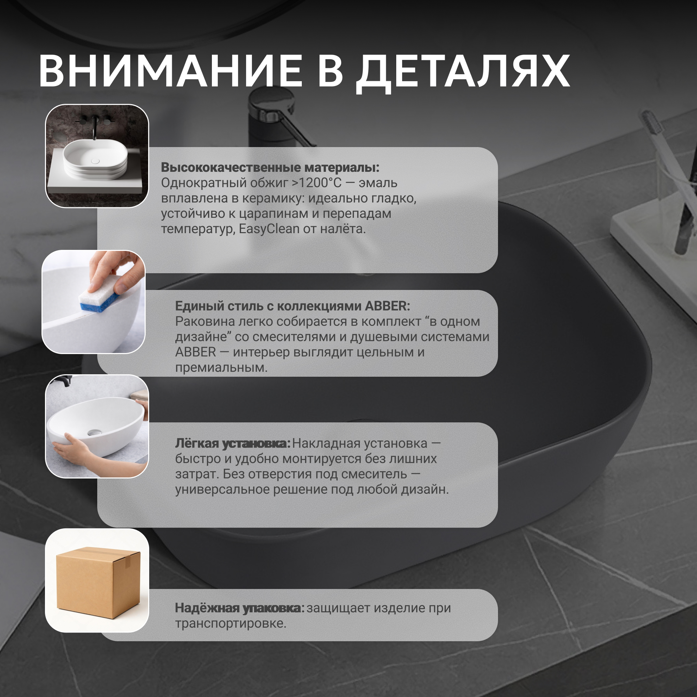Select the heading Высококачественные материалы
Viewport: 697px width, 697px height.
(x=270, y=167)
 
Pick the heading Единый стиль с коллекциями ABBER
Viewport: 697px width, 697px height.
(x=293, y=306)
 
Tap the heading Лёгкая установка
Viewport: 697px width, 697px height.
(x=233, y=443)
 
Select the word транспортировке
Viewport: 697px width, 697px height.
(x=230, y=623)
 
